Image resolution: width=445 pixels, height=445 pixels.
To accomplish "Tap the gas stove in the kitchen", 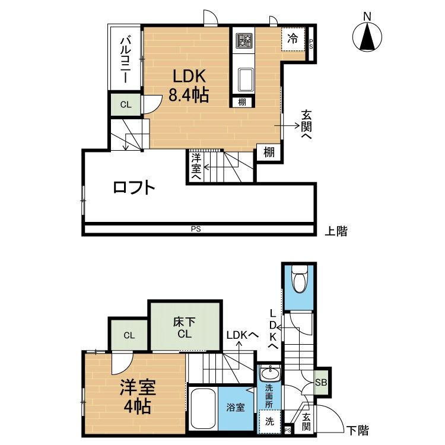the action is coord(244,40).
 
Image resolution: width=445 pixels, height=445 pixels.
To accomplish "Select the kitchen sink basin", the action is coord(244,80).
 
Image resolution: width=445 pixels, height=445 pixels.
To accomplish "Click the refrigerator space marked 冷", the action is coord(293,39).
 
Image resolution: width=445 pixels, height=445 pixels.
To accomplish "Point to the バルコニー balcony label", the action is coord(125,60).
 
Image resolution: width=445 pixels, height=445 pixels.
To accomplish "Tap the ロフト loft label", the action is coord(133,187).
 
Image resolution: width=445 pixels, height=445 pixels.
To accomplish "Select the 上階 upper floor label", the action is coord(336,231).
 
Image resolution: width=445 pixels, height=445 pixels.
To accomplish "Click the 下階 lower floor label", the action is coord(358,431).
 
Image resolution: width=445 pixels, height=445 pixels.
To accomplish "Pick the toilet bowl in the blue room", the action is coord(298,279).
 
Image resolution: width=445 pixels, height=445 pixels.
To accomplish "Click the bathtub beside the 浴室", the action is coord(203,408).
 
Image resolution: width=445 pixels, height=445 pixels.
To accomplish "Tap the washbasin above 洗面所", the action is coord(270,373).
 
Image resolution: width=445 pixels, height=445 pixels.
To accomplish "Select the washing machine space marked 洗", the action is coord(269,421).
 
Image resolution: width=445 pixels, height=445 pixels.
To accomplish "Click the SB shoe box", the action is coord(321,382).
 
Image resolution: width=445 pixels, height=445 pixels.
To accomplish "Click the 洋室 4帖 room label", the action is coord(138,397).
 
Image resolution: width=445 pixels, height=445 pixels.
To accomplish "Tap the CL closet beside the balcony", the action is coord(126,104).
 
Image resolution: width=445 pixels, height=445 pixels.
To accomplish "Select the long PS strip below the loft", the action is coord(199,229).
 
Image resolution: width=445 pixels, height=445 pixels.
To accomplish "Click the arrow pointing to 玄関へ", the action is coord(287,125).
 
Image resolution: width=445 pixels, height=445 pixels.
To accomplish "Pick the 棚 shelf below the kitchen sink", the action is coord(242,102).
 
